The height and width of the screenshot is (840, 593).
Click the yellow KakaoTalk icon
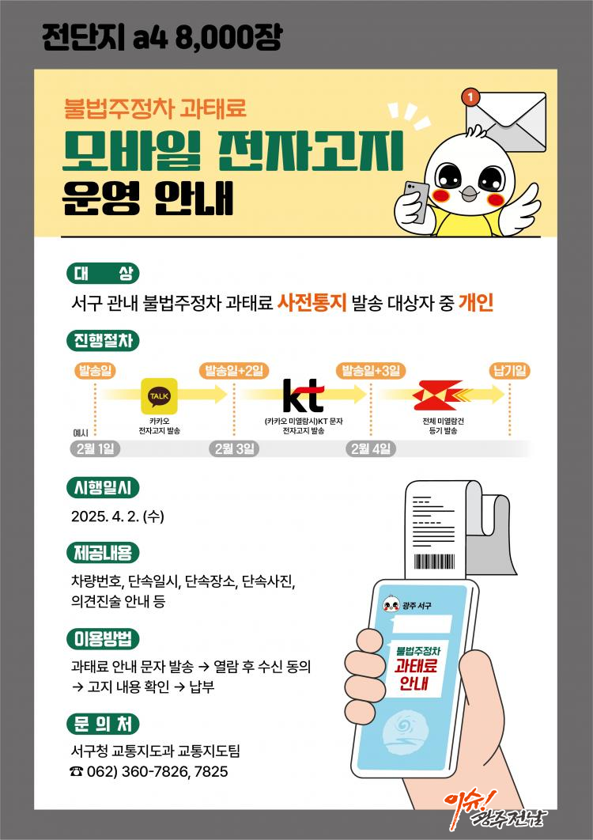(x=159, y=396)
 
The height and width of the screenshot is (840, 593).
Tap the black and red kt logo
(x=303, y=395)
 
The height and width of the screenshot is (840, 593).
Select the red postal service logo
(x=442, y=395)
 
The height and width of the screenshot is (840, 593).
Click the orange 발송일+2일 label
(x=233, y=371)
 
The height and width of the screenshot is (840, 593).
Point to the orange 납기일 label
(x=510, y=371)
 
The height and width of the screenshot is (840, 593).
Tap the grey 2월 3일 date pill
(x=234, y=449)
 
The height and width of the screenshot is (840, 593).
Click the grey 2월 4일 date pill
(x=371, y=449)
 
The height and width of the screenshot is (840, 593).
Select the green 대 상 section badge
(x=103, y=274)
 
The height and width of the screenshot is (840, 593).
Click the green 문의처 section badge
(x=103, y=725)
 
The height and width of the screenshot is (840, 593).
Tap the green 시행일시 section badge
(x=103, y=488)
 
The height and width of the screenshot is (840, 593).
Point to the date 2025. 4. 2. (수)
(x=117, y=516)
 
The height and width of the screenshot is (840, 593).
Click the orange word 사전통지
(x=312, y=303)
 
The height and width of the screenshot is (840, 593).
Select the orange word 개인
(x=476, y=303)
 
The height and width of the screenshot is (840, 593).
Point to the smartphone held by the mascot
(x=416, y=202)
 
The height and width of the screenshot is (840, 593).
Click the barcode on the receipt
(x=434, y=562)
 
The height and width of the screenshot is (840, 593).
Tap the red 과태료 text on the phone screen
(x=416, y=666)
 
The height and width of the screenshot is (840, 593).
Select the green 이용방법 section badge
(x=103, y=639)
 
